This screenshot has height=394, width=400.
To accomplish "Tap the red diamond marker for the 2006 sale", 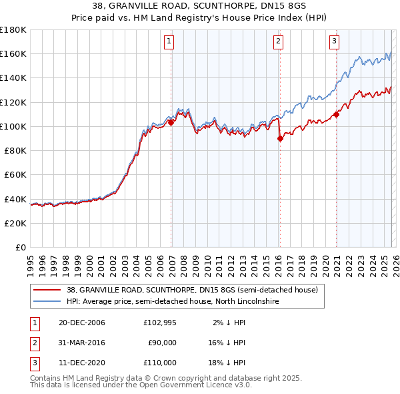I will coord(171,122).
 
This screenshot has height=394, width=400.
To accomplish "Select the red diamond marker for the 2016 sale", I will coord(280,138).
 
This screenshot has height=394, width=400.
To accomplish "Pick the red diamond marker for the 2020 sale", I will coord(336,114).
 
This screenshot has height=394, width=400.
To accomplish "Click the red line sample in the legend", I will coord(47,290).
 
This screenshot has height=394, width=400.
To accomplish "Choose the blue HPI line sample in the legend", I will coord(47,302).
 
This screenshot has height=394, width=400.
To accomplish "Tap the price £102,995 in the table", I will coord(159,323).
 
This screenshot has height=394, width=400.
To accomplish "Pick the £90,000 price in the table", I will coord(162,343).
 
